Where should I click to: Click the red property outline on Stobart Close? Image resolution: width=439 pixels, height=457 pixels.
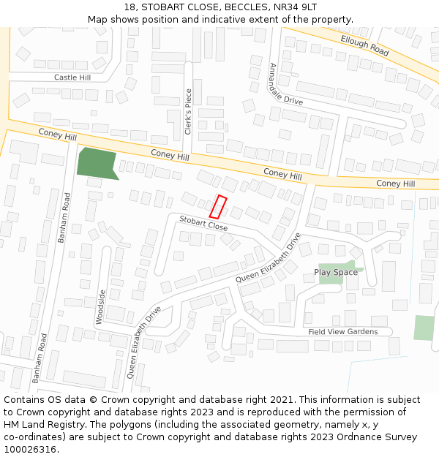point(218,207)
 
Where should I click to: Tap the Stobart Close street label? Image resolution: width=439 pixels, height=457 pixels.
point(203,223)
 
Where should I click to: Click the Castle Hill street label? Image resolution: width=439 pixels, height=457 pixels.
point(72,77)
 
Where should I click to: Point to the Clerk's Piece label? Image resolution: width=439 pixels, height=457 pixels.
point(188,112)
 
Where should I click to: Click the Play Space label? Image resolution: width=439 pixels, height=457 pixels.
point(336,273)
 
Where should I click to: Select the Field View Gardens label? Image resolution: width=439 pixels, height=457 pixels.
point(343,331)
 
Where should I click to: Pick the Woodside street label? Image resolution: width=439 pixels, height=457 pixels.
point(101,306)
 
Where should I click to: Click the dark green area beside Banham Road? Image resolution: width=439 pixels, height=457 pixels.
point(96,162)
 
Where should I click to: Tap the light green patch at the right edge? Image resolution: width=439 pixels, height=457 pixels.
point(424,327)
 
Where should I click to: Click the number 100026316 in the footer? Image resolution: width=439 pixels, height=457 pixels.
point(30,450)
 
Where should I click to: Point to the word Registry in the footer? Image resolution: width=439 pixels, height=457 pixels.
point(86,425)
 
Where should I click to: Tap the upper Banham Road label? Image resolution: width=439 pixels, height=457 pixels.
point(64,217)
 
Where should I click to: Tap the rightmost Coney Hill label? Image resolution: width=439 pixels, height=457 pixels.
point(395,184)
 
